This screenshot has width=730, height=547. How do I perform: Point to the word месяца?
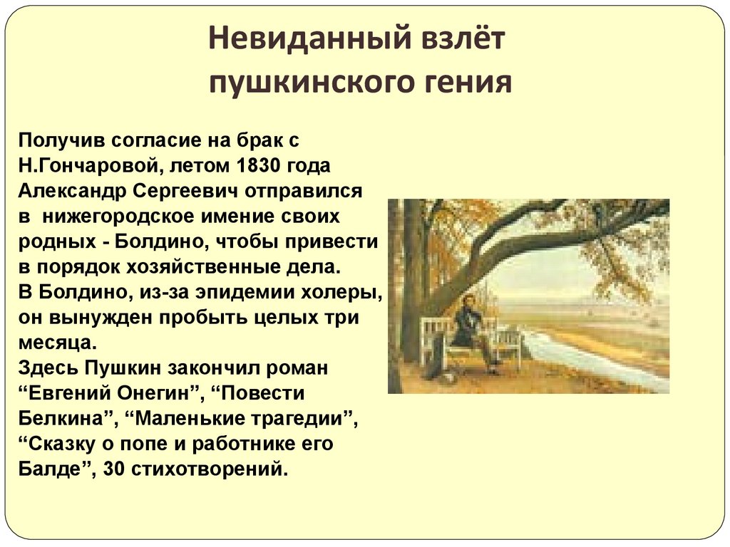pyautogui.click(x=56, y=343)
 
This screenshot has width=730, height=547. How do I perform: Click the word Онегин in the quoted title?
pyautogui.click(x=152, y=393)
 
